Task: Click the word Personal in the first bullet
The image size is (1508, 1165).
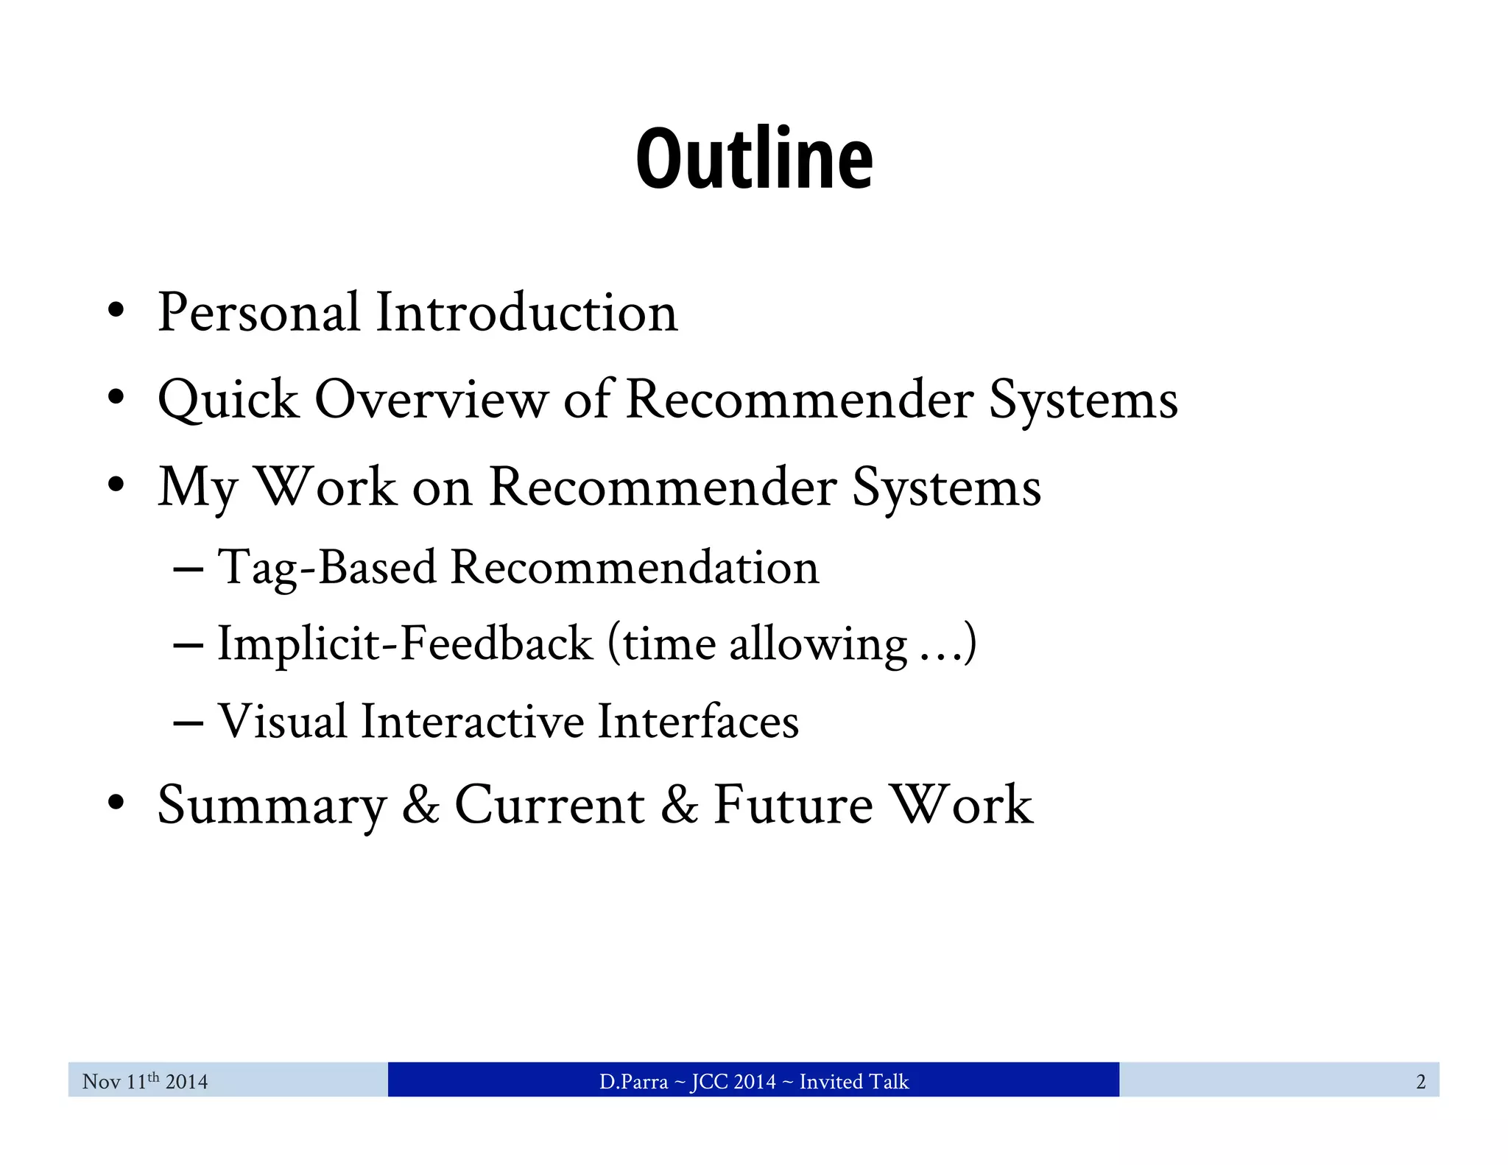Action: point(258,312)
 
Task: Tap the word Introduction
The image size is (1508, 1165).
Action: point(526,312)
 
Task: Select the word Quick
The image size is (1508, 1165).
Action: point(228,400)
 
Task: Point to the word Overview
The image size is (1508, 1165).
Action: point(431,400)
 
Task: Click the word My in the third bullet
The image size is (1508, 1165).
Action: point(197,488)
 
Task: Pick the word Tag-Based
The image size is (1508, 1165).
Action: point(327,567)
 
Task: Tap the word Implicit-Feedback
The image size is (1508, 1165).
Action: point(405,644)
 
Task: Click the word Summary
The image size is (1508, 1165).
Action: point(272,805)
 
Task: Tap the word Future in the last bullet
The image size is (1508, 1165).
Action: point(793,804)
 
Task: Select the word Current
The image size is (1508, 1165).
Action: point(550,804)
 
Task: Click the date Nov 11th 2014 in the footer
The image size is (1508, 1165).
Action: point(145,1081)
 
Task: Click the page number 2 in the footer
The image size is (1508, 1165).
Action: point(1420,1081)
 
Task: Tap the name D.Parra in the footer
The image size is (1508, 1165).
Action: point(633,1081)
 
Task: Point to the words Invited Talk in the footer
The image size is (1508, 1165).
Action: point(854,1081)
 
